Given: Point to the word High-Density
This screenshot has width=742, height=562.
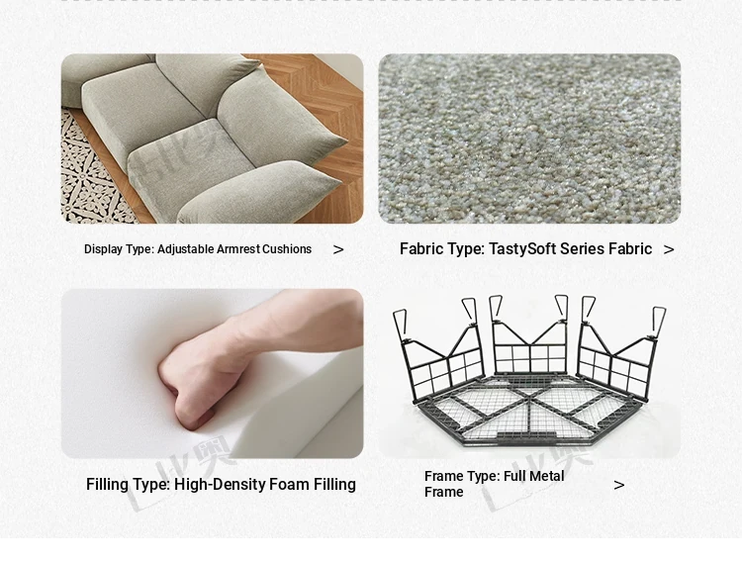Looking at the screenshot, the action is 220,485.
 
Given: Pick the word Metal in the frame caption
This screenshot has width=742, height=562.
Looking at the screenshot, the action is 549,476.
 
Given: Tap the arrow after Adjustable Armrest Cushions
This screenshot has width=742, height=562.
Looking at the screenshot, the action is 338,249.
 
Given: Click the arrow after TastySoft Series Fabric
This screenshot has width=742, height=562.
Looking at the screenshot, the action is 669,249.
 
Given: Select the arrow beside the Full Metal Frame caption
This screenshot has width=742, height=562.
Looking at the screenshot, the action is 619,485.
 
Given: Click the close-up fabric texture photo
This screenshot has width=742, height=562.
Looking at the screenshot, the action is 529,139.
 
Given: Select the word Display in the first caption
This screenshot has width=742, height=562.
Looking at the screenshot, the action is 103,249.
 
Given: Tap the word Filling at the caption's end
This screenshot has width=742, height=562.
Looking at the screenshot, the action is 333,485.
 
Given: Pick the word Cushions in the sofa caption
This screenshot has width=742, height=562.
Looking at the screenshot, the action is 287,249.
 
